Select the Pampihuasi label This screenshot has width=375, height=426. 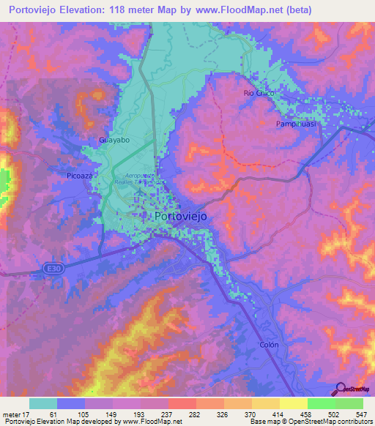tap(296, 124)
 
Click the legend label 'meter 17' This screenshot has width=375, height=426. tap(16, 414)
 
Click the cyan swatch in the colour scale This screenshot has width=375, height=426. tap(43, 403)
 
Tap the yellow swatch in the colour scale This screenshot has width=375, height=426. tap(293, 403)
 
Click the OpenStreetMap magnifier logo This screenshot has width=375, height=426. tap(340, 389)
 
